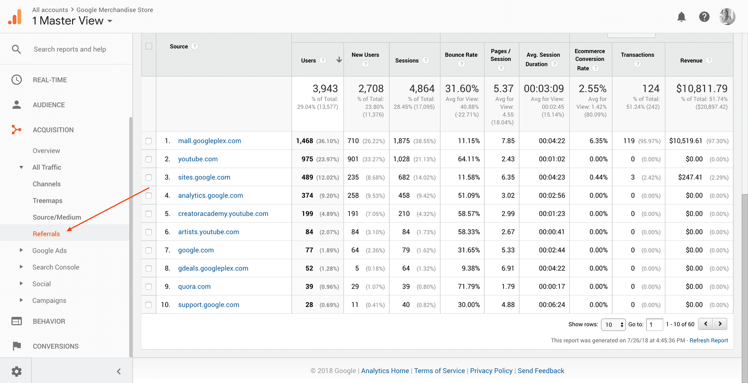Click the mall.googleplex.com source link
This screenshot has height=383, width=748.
click(x=209, y=141)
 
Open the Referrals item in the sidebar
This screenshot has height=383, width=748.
click(x=46, y=234)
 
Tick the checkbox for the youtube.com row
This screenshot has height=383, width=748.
click(x=149, y=159)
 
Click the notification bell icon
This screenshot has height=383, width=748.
click(x=681, y=17)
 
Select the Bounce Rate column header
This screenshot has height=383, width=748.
click(x=461, y=55)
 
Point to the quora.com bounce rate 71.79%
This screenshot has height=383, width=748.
click(x=469, y=286)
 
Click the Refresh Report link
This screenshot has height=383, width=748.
click(x=709, y=340)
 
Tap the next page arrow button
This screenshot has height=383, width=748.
click(x=720, y=324)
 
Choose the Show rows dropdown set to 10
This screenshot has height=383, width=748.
click(x=613, y=324)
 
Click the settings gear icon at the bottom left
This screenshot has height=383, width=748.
click(x=16, y=371)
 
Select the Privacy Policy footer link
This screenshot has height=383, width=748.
click(x=491, y=371)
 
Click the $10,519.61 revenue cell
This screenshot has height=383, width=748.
click(x=686, y=141)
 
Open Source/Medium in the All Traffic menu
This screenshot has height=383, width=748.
click(x=57, y=217)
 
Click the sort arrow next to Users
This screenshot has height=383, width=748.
click(x=339, y=60)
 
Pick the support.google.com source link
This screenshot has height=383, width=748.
click(x=209, y=305)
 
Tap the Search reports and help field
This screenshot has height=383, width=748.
click(x=70, y=49)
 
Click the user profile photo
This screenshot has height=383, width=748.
click(x=727, y=17)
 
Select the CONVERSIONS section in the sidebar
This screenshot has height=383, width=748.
click(x=56, y=346)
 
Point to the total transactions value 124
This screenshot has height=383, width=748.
click(x=650, y=89)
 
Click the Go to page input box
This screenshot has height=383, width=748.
click(x=654, y=324)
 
